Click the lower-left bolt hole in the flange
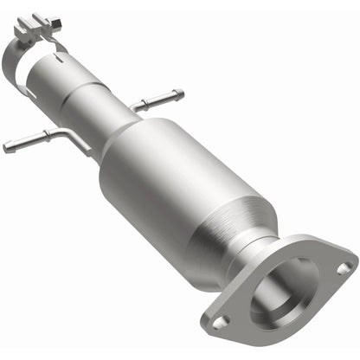(221, 321)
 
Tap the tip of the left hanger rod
(7, 148)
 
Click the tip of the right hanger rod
(179, 93)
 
